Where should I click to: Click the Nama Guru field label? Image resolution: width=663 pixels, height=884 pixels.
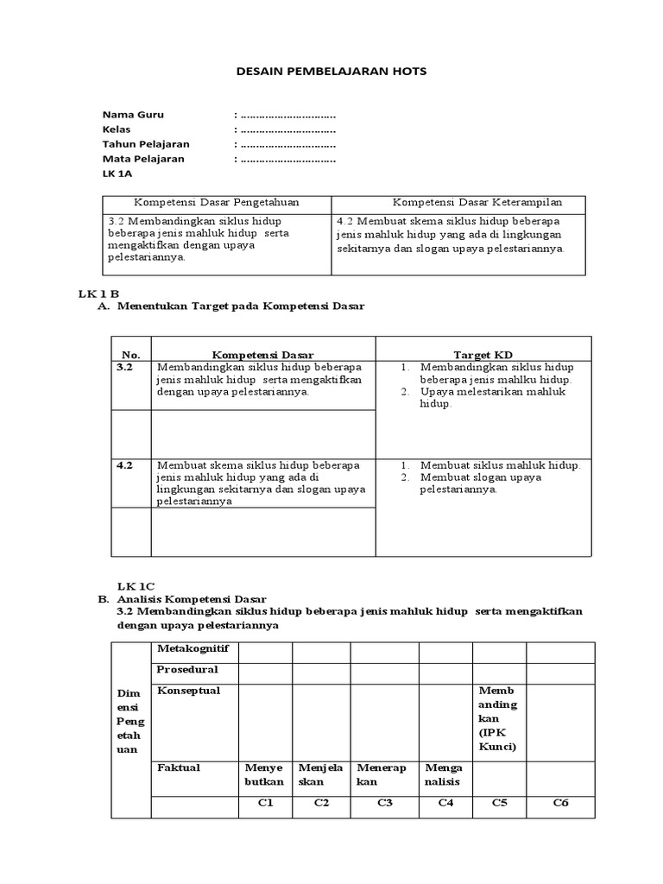[x=133, y=115]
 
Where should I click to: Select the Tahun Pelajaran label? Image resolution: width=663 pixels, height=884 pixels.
[x=146, y=144]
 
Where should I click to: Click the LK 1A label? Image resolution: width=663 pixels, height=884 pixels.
[x=117, y=174]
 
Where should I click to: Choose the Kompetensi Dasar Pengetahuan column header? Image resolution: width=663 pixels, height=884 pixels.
[x=216, y=203]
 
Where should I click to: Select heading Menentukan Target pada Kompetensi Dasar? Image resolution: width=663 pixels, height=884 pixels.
[x=241, y=306]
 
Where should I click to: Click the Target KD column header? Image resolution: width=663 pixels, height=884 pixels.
[x=483, y=355]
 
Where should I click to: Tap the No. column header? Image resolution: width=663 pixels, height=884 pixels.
[x=130, y=355]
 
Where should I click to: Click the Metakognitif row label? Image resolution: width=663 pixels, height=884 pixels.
[x=193, y=648]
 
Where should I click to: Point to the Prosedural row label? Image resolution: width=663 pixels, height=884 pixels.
[x=187, y=669]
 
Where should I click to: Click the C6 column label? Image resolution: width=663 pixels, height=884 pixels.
[x=561, y=803]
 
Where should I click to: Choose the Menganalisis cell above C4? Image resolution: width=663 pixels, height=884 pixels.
[x=444, y=774]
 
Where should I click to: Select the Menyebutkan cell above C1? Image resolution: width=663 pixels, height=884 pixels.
[x=264, y=774]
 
